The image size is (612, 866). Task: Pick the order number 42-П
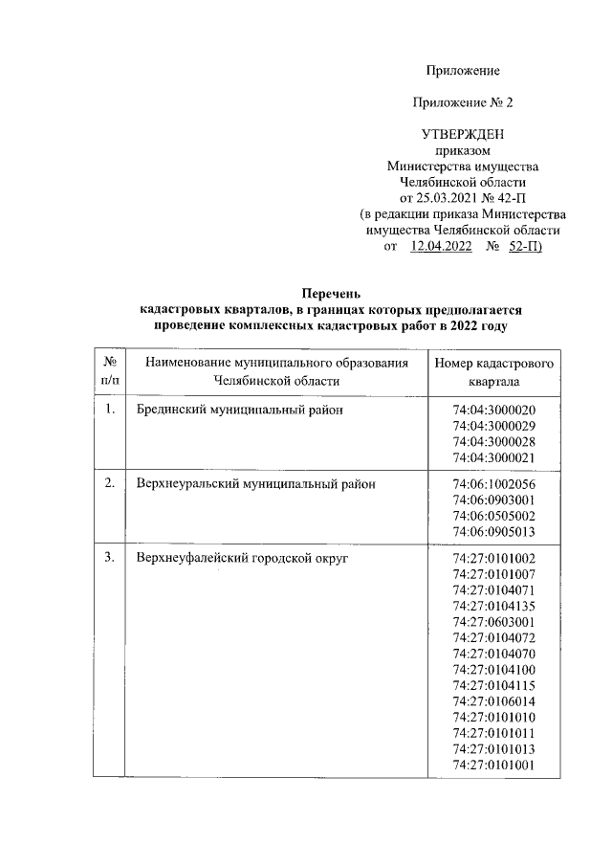pyautogui.click(x=505, y=198)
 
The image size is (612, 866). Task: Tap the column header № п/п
pyautogui.click(x=109, y=372)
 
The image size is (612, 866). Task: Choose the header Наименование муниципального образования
pyautogui.click(x=276, y=364)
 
